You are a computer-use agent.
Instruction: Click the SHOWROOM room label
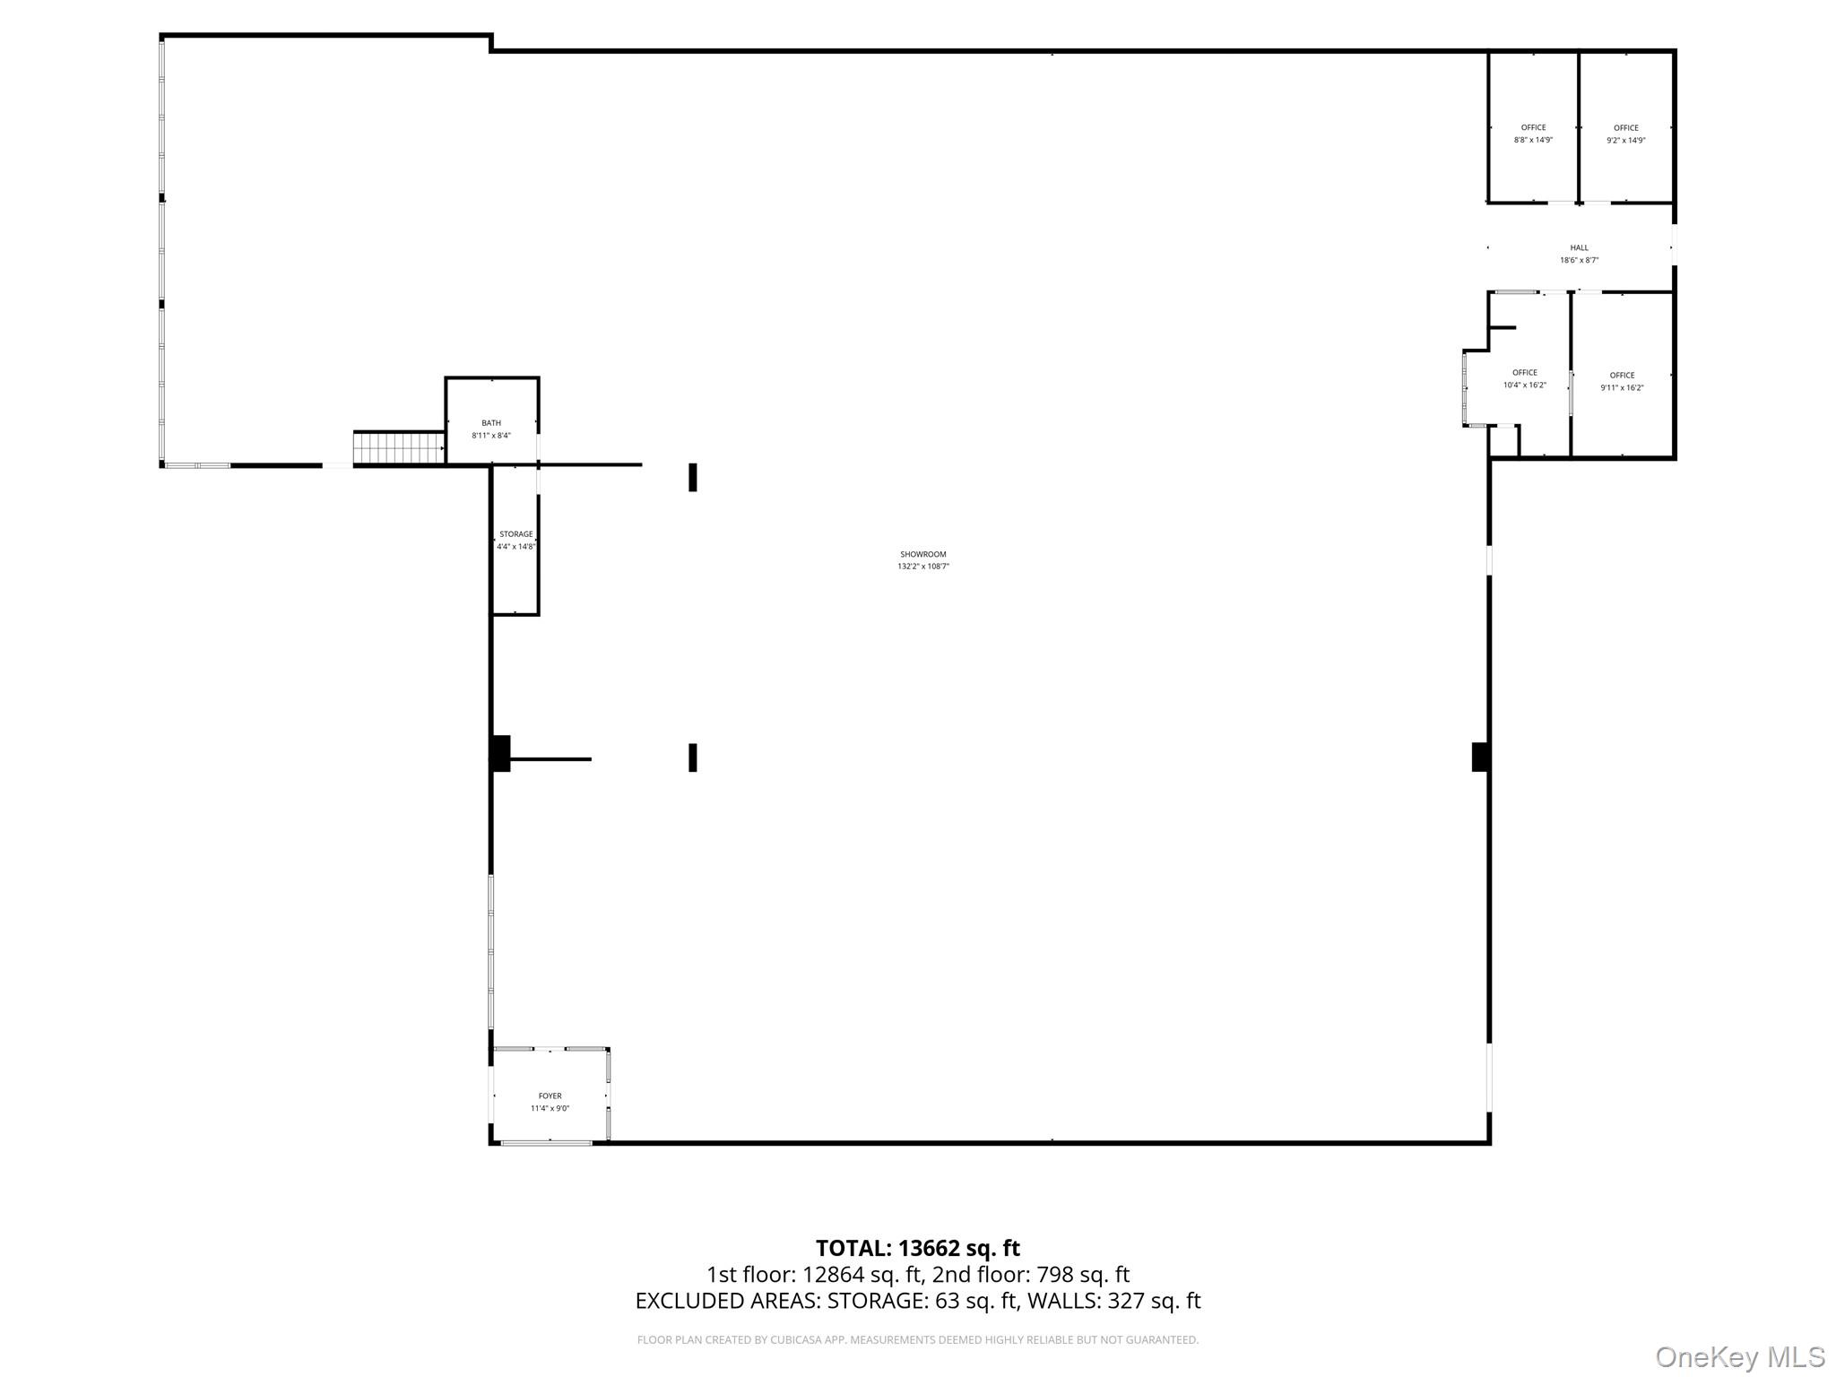pyautogui.click(x=923, y=554)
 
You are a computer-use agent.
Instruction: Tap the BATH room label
pyautogui.click(x=491, y=423)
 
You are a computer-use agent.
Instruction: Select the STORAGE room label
pyautogui.click(x=516, y=534)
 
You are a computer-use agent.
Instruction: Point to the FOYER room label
pyautogui.click(x=550, y=1096)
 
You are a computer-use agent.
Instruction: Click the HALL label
pyautogui.click(x=1580, y=248)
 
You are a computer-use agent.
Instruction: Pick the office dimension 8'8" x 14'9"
pyautogui.click(x=1534, y=140)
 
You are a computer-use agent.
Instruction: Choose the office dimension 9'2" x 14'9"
pyautogui.click(x=1626, y=140)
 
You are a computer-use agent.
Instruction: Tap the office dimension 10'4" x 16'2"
pyautogui.click(x=1525, y=385)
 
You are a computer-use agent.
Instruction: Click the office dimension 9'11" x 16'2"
pyautogui.click(x=1623, y=388)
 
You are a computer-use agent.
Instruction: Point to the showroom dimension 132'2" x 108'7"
pyautogui.click(x=923, y=567)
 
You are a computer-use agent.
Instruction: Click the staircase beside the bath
pyautogui.click(x=399, y=448)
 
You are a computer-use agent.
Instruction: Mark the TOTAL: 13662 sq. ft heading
pyautogui.click(x=918, y=1248)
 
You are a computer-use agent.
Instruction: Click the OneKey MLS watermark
pyautogui.click(x=1740, y=1357)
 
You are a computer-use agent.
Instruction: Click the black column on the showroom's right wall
pyautogui.click(x=1481, y=757)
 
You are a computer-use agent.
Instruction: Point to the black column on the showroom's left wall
pyautogui.click(x=500, y=753)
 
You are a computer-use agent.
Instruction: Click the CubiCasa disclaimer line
pyautogui.click(x=918, y=1340)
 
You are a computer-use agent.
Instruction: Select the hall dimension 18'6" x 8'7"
pyautogui.click(x=1580, y=261)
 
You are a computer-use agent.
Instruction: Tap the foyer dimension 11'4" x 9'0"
pyautogui.click(x=550, y=1109)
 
